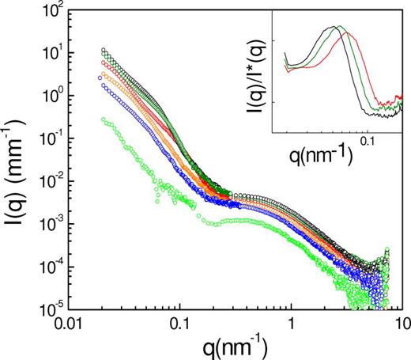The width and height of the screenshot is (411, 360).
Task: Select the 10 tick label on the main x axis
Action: [401, 324]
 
